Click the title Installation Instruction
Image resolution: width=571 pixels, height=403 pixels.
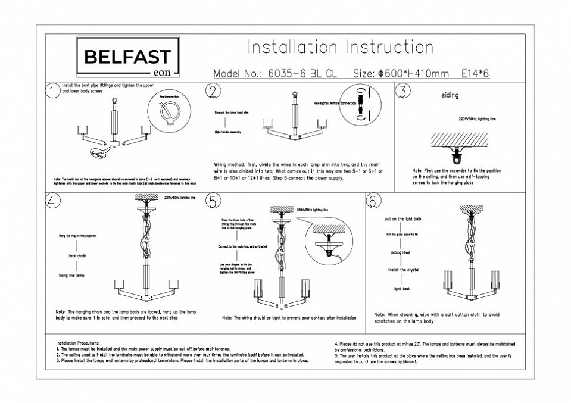coord(340,48)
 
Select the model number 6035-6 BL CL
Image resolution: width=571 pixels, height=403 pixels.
coord(303,74)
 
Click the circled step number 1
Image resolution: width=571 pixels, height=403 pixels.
coord(52,90)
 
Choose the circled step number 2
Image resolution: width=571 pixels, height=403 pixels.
coord(213,90)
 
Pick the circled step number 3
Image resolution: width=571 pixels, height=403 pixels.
coord(404,90)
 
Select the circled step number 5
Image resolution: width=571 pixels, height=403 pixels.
coord(213,201)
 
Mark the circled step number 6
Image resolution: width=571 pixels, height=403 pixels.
coord(373,201)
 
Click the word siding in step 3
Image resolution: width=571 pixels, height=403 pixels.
coord(450,95)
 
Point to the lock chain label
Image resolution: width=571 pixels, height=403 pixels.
coord(73,255)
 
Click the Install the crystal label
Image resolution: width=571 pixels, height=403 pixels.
coord(404,270)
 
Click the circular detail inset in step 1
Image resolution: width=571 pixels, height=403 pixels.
coord(170,114)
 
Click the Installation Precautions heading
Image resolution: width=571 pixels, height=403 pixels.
coord(82,343)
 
